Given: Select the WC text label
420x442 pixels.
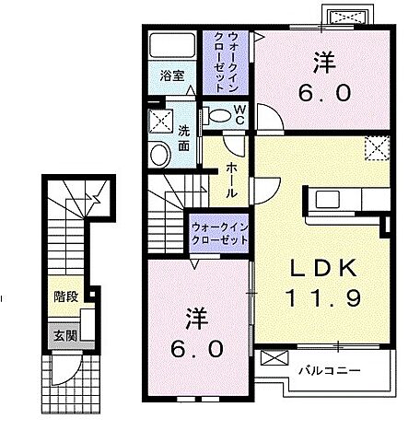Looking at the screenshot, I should click(x=238, y=112).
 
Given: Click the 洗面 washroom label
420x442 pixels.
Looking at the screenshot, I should click(x=183, y=138).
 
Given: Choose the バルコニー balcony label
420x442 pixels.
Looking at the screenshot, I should click(x=329, y=370).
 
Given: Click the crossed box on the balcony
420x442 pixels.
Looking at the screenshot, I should click(x=274, y=359).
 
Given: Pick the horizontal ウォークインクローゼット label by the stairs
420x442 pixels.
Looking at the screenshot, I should click(x=221, y=232).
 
